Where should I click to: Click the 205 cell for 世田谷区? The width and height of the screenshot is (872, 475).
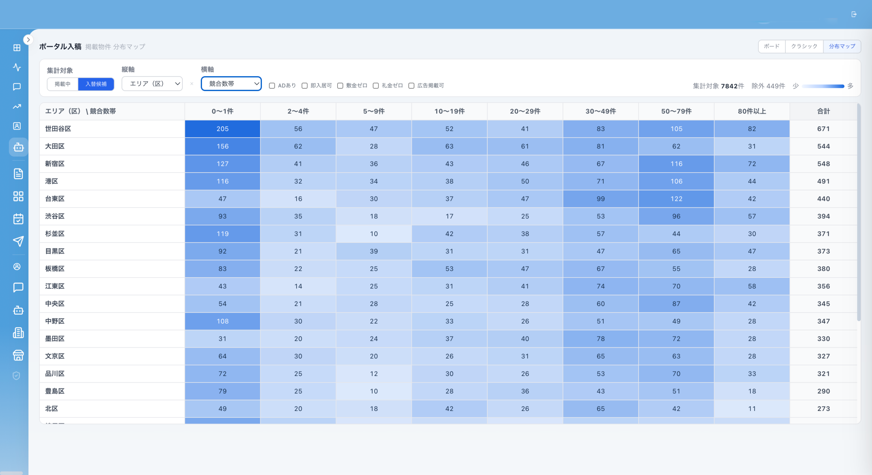222,129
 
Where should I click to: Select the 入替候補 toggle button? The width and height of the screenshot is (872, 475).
96,84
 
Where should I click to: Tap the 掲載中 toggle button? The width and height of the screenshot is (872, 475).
63,84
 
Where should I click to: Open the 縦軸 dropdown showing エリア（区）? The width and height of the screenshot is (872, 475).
152,84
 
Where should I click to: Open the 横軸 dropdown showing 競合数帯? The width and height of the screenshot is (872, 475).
231,84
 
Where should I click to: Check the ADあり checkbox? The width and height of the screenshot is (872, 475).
272,86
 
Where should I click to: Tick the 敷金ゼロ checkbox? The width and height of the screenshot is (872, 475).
340,86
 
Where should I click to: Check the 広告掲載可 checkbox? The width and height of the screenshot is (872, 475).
411,86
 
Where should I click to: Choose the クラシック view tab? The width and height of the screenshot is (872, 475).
804,46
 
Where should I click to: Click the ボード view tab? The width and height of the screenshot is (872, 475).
772,46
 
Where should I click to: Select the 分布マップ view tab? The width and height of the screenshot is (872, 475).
842,46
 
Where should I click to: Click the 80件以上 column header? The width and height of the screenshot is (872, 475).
752,111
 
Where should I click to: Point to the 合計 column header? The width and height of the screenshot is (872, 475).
823,111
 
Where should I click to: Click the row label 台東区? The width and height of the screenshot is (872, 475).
55,199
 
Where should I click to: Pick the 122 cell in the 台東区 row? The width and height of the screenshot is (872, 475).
676,199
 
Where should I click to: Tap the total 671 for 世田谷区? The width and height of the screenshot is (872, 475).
823,129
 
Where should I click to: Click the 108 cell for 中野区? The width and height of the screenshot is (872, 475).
222,321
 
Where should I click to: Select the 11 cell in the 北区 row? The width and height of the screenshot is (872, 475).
752,409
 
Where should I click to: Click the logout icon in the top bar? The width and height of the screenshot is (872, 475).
854,14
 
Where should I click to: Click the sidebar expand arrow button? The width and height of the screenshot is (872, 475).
28,40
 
